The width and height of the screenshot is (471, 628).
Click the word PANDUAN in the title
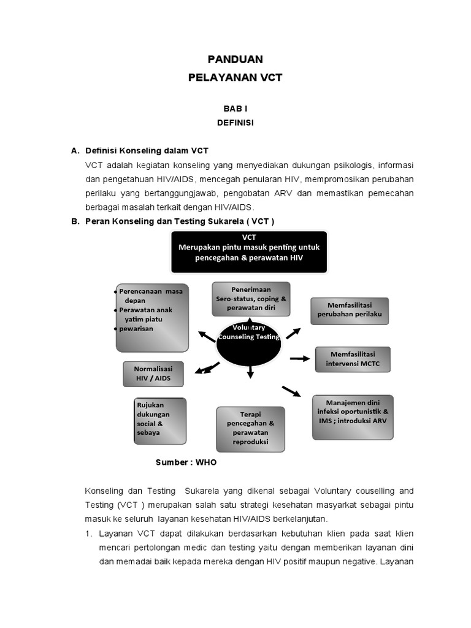[x=235, y=59]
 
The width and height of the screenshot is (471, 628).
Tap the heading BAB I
[x=235, y=108]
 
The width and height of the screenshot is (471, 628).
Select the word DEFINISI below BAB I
[x=235, y=123]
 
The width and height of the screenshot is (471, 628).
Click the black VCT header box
[x=248, y=251]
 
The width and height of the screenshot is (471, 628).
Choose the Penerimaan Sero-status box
[x=251, y=299]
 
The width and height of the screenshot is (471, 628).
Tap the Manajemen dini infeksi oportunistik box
[x=352, y=416]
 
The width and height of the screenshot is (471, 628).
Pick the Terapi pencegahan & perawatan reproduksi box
[x=250, y=428]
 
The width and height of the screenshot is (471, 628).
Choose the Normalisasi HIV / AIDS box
[x=153, y=373]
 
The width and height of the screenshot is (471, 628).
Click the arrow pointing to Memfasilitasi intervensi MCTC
[x=300, y=359]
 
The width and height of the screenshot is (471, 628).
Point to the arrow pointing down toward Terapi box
[x=250, y=371]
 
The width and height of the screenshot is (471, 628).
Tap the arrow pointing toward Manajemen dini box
[x=291, y=391]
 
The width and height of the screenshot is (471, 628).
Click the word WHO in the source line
[x=206, y=462]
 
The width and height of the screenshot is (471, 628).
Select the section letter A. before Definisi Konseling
[x=75, y=150]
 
